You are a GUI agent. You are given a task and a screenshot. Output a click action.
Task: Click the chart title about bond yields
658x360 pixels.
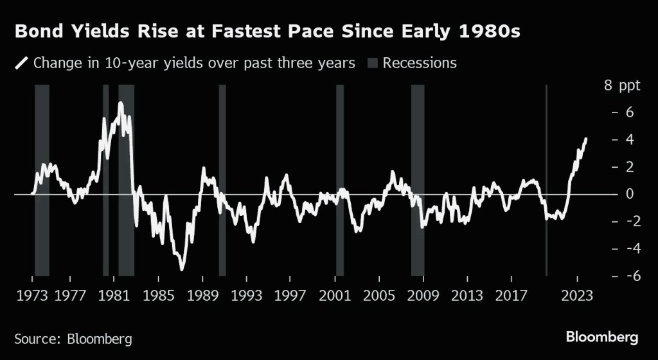coord(267,32)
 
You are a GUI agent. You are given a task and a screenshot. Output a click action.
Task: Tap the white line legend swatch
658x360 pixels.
coord(21,63)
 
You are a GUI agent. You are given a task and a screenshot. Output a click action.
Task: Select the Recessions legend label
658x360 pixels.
coord(420,63)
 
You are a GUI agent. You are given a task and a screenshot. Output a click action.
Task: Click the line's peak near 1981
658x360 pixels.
coord(120,103)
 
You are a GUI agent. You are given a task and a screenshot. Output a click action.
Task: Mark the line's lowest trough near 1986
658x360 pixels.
coord(182,269)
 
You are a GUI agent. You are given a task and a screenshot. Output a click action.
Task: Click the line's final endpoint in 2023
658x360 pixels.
coord(585,139)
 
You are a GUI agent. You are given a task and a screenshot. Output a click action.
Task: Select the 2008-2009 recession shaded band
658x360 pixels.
coord(418,180)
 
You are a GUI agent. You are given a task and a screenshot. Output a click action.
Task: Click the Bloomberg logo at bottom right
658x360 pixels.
coord(601,337)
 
